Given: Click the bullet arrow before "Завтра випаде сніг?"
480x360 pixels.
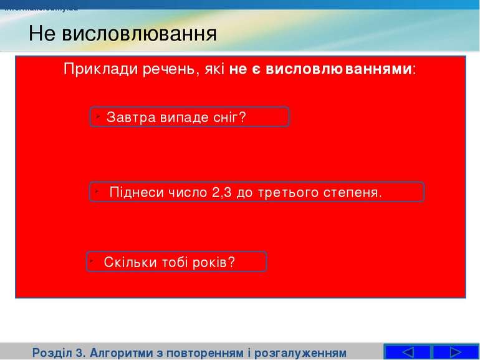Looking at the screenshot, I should pos(98,114).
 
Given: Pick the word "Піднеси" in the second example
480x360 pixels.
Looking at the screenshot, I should pos(133,192).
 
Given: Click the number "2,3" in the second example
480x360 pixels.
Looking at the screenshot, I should pos(222,192).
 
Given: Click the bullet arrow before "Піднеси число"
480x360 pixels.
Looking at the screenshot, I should pos(98,189).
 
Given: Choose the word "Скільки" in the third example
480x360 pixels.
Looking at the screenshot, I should pos(127,262).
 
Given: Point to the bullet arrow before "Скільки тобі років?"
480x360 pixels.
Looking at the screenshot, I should pos(92,259).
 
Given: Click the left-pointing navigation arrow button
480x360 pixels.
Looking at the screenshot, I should pos(406,352).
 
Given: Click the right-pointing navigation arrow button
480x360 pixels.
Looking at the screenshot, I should pos(455,352).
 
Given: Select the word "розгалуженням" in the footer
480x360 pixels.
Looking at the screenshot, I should pos(302,352).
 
